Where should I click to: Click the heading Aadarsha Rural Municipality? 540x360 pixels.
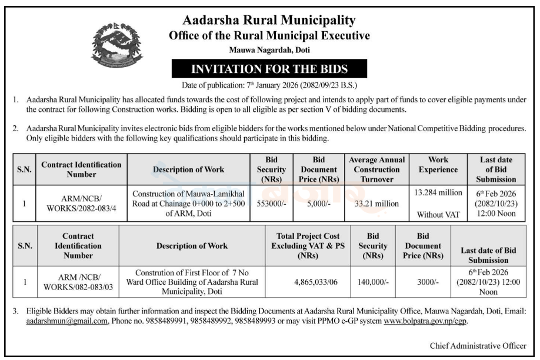269,21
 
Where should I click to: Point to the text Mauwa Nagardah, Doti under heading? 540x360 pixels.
269,50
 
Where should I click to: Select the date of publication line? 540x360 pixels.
269,84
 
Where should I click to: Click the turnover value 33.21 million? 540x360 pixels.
376,204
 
